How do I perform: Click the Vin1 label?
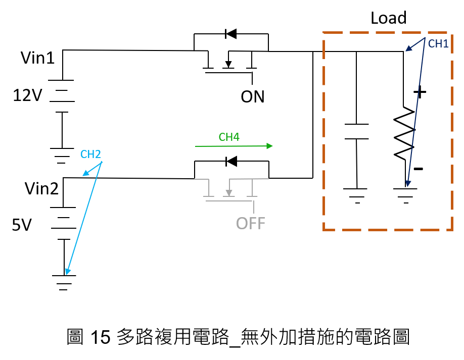37,58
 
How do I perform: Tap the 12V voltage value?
27,95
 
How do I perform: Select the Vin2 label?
41,188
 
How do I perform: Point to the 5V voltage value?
22,225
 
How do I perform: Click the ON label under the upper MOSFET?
252,96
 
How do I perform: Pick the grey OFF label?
250,224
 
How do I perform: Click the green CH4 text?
229,137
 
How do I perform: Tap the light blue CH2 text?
90,155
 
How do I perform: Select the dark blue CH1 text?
438,44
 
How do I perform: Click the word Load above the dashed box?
389,18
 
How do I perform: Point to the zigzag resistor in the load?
404,133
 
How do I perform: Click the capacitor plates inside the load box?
356,131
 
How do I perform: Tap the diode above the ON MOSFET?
231,34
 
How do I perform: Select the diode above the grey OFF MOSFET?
231,162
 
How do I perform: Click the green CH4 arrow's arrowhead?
269,146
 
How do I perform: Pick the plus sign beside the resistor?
420,92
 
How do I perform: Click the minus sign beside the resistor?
418,169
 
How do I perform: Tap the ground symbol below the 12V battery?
62,156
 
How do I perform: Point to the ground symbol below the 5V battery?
64,283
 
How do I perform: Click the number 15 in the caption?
100,337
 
